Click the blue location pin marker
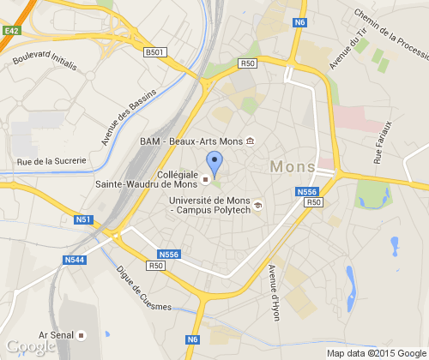tap(214, 161)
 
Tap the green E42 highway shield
tap(11, 30)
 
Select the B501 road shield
tap(154, 52)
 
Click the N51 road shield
tap(83, 219)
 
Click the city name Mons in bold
tap(292, 166)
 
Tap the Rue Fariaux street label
tap(383, 142)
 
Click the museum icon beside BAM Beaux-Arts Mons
tap(250, 141)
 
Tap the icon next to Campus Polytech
tap(258, 203)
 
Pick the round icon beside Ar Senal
tap(82, 334)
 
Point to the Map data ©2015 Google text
tap(376, 353)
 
